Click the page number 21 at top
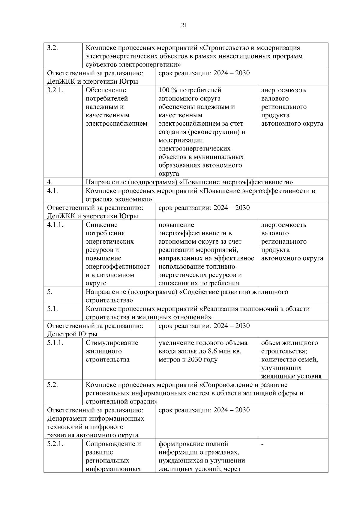click(x=184, y=25)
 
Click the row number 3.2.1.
click(x=55, y=90)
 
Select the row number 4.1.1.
click(x=55, y=225)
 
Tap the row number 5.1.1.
click(x=55, y=343)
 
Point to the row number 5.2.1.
click(x=55, y=444)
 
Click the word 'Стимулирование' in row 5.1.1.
click(x=112, y=343)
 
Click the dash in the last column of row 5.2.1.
click(x=262, y=444)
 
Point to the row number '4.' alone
click(x=50, y=182)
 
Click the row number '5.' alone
click(x=50, y=292)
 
